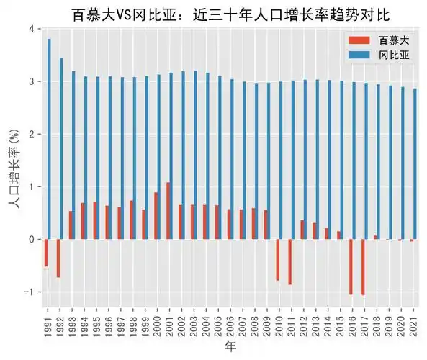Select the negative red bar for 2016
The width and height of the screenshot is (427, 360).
351,266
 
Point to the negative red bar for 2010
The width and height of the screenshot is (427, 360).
278,260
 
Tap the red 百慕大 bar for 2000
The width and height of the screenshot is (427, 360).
156,216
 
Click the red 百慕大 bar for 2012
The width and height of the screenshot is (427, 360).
302,230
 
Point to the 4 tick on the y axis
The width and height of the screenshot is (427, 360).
30,29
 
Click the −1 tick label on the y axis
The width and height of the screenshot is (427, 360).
28,292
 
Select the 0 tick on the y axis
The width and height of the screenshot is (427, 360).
30,239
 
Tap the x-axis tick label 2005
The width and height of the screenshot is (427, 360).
217,322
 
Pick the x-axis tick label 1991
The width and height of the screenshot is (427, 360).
47,322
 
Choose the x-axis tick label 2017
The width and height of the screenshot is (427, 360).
364,322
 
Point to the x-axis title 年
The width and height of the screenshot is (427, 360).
230,347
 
